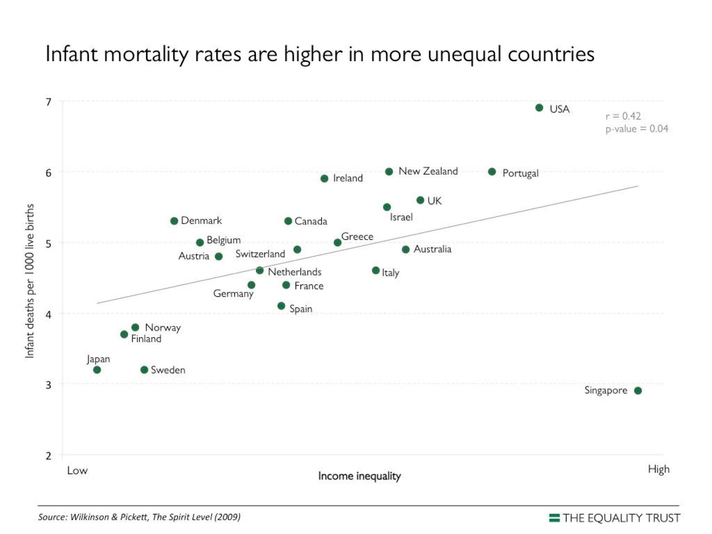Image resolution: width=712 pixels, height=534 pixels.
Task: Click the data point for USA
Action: [539, 108]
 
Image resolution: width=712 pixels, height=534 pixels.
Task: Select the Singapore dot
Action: [638, 391]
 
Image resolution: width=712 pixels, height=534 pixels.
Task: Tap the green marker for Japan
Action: [97, 370]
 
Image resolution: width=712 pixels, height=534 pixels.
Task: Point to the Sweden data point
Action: [144, 370]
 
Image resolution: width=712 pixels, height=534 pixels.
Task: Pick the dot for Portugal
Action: [492, 172]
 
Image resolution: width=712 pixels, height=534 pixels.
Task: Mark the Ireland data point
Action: [324, 178]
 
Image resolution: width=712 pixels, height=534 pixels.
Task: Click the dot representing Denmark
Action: [174, 221]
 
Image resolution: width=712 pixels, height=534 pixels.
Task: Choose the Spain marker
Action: [281, 306]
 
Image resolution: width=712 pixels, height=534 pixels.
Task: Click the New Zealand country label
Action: [428, 171]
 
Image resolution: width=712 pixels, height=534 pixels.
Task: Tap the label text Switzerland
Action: [260, 254]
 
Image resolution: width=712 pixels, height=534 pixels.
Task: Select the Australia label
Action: [432, 249]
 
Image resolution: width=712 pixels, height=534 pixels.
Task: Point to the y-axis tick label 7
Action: [49, 102]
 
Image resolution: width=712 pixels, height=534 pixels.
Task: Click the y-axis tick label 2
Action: [49, 456]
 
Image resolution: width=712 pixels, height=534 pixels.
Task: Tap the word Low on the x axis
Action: [77, 471]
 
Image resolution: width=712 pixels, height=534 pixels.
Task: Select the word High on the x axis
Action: [659, 469]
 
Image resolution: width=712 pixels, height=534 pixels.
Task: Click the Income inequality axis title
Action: [359, 476]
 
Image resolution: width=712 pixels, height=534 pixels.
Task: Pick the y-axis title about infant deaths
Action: [29, 281]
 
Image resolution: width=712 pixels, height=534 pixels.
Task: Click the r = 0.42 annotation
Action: [623, 116]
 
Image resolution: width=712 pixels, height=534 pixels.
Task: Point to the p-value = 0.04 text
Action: [636, 129]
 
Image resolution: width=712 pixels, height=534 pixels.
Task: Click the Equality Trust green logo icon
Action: [554, 518]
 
